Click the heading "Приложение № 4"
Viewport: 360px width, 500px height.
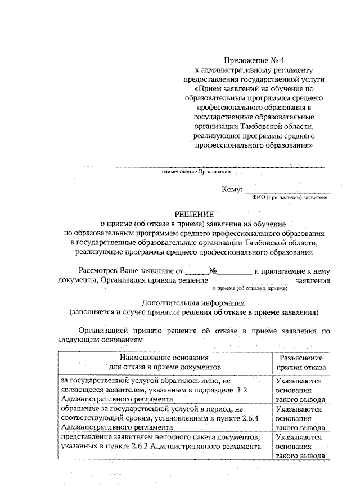[x=252, y=60]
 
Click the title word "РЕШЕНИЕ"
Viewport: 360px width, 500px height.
[x=194, y=213]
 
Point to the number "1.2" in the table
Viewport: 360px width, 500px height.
[x=242, y=390]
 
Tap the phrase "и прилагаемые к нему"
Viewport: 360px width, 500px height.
[x=292, y=271]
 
